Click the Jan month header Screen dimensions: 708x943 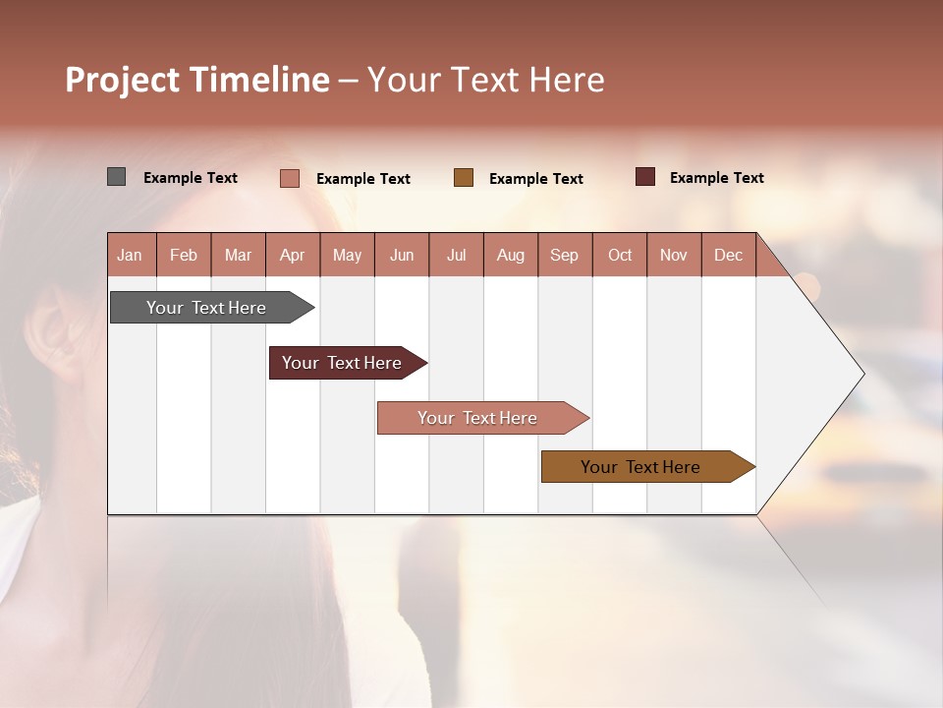coord(131,255)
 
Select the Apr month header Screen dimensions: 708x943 coord(293,255)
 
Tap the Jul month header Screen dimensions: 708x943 coord(457,255)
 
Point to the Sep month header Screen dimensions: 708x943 coord(565,255)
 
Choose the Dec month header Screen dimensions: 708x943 coord(728,255)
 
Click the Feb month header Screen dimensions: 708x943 coord(184,255)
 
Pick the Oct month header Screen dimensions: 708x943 coord(620,255)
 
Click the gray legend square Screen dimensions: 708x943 coord(117,177)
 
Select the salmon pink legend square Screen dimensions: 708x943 coord(290,178)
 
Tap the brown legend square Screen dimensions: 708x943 coord(464,178)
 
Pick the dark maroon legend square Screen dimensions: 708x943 coord(645,177)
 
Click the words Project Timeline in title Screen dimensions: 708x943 coord(197,80)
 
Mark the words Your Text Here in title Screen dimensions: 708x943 coord(486,80)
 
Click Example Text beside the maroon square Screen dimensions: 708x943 coord(716,178)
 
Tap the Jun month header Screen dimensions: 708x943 coord(402,255)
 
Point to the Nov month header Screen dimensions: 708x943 coord(674,255)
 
